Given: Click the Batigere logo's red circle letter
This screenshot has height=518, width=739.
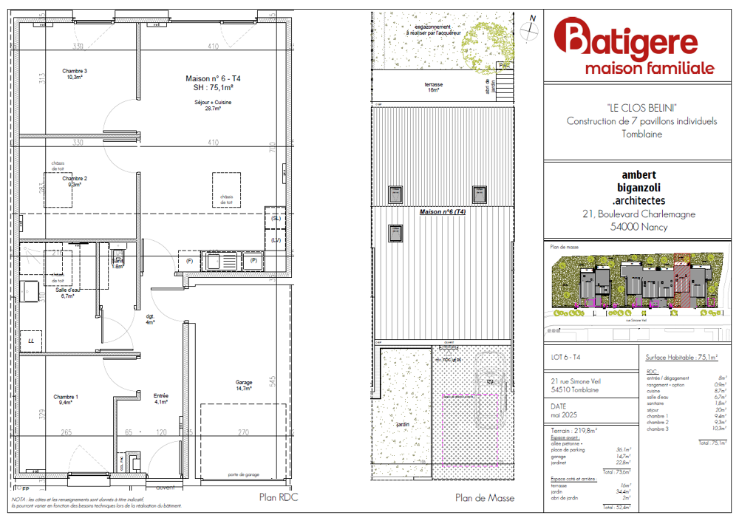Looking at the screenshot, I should tap(570, 37).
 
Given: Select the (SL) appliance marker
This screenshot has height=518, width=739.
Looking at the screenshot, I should tap(276, 219).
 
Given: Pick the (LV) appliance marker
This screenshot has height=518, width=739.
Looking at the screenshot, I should tap(276, 240).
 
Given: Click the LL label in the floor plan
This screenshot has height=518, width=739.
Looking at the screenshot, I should tap(31, 341).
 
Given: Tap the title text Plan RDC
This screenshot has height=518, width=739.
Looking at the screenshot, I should tap(278, 497).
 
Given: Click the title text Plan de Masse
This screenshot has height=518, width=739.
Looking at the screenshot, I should tap(484, 498).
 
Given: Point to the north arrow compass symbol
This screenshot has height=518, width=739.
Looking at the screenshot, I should tap(530, 29).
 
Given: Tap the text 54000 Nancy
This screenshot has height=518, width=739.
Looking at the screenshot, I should tap(639, 227).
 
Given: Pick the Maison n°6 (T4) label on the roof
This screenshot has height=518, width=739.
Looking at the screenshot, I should tap(443, 212).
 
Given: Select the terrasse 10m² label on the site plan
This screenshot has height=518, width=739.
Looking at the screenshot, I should tap(433, 86).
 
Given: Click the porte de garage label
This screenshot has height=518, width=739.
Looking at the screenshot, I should tap(243, 474).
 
